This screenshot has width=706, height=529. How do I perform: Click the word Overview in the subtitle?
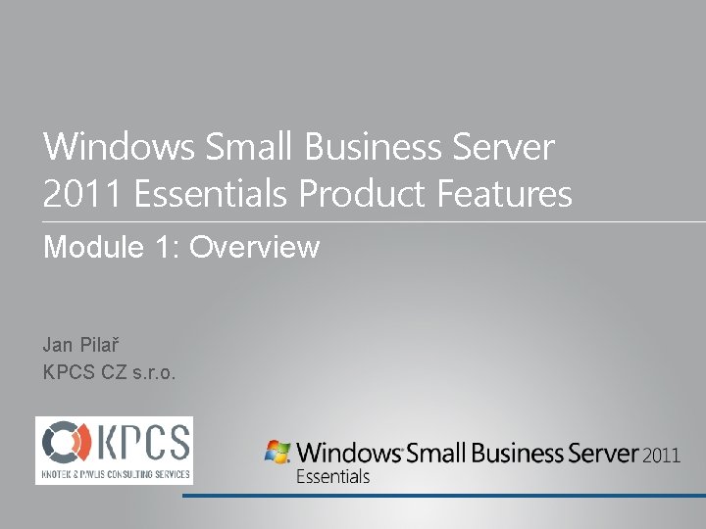(x=254, y=247)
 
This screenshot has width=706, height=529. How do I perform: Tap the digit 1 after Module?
(x=163, y=247)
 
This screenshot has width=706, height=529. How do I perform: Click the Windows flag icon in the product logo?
(x=277, y=452)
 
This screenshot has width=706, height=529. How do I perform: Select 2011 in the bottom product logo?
(x=661, y=455)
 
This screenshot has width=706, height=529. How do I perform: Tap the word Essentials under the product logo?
(x=332, y=476)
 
